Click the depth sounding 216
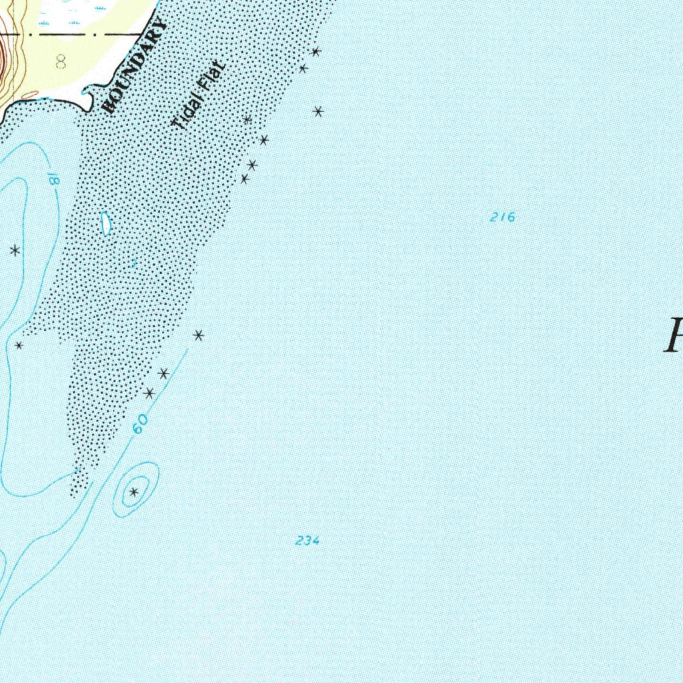click(x=502, y=217)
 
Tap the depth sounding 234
click(x=307, y=541)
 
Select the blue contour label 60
click(x=139, y=424)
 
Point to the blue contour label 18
click(x=53, y=179)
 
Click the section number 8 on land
click(x=61, y=63)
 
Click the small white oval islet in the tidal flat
click(x=105, y=223)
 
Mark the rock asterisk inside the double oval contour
click(x=134, y=492)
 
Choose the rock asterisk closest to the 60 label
click(x=149, y=394)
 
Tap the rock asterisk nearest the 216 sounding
click(x=319, y=111)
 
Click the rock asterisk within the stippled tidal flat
click(x=247, y=120)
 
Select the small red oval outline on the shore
click(x=30, y=95)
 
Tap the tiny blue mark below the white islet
click(x=134, y=263)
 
